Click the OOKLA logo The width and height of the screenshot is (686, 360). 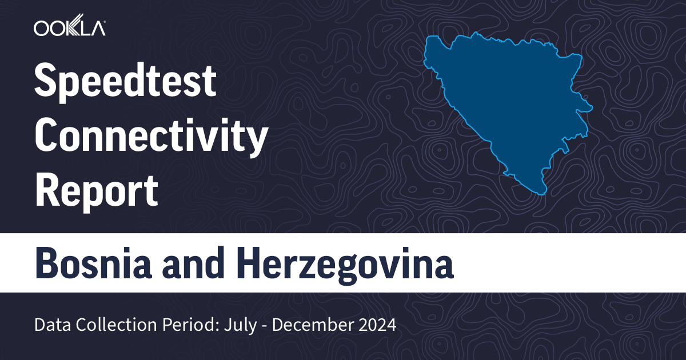point(69,27)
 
